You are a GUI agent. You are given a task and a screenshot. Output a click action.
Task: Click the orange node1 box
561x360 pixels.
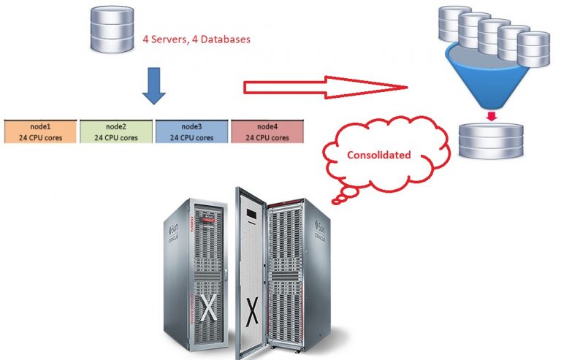(40, 131)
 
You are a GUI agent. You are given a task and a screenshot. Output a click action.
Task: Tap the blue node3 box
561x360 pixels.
(193, 131)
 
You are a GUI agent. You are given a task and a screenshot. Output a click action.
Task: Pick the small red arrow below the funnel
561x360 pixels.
(491, 115)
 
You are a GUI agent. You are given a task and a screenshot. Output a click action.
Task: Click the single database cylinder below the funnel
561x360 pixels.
(491, 140)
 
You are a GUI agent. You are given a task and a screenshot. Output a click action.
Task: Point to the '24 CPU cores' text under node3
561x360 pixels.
(193, 137)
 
